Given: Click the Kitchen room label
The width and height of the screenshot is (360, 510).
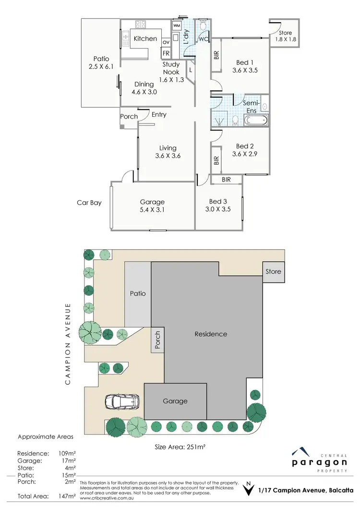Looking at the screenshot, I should coord(145,38).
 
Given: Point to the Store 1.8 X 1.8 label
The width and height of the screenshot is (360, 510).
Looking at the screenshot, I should coord(286,36).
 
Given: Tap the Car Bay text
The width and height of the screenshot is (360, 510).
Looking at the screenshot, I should coord(89,203).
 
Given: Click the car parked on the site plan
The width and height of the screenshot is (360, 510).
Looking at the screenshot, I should coord(122,401).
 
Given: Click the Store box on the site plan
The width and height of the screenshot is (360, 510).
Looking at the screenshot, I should coord(273,272).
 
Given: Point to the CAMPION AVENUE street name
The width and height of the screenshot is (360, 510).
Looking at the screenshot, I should coord(69,343).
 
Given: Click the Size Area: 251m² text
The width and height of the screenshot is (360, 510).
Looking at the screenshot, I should coord(180,447).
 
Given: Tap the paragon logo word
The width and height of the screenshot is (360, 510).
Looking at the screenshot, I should coord(320,462).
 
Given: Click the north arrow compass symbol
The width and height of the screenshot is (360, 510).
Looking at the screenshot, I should coord(247,489).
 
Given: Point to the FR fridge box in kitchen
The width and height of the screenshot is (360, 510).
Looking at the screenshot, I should coord(166,53).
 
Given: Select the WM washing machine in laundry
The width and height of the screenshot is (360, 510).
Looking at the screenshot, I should coord(176,25).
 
